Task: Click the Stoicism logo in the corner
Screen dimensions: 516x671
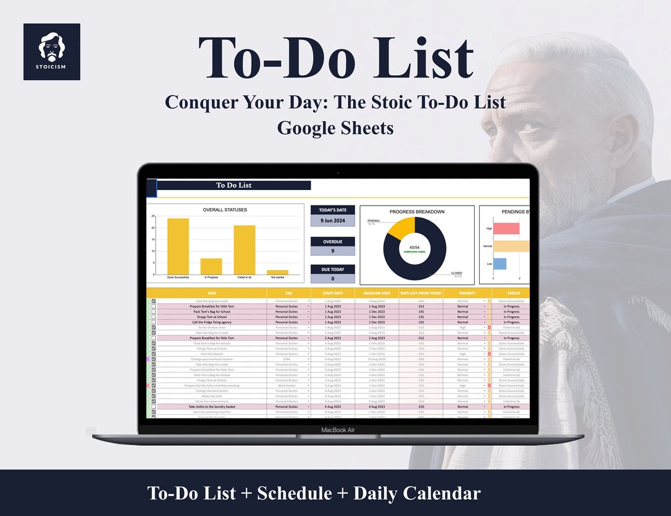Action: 52,52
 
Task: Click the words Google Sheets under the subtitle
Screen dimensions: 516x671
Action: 335,128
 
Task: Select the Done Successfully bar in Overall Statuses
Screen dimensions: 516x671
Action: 178,246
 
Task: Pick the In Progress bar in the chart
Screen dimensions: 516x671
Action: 211,266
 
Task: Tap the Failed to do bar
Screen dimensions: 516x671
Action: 244,250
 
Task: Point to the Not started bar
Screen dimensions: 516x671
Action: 277,272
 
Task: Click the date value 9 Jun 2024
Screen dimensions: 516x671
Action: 333,220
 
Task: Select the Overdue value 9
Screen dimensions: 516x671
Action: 333,251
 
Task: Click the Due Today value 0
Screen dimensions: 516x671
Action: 333,279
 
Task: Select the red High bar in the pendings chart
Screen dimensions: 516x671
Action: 506,228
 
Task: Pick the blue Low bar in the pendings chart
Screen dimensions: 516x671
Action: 500,264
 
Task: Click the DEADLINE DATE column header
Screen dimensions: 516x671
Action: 377,292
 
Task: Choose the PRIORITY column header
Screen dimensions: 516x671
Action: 467,292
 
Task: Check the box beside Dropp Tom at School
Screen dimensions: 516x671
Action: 153,317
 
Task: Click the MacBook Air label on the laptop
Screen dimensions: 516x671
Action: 338,430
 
